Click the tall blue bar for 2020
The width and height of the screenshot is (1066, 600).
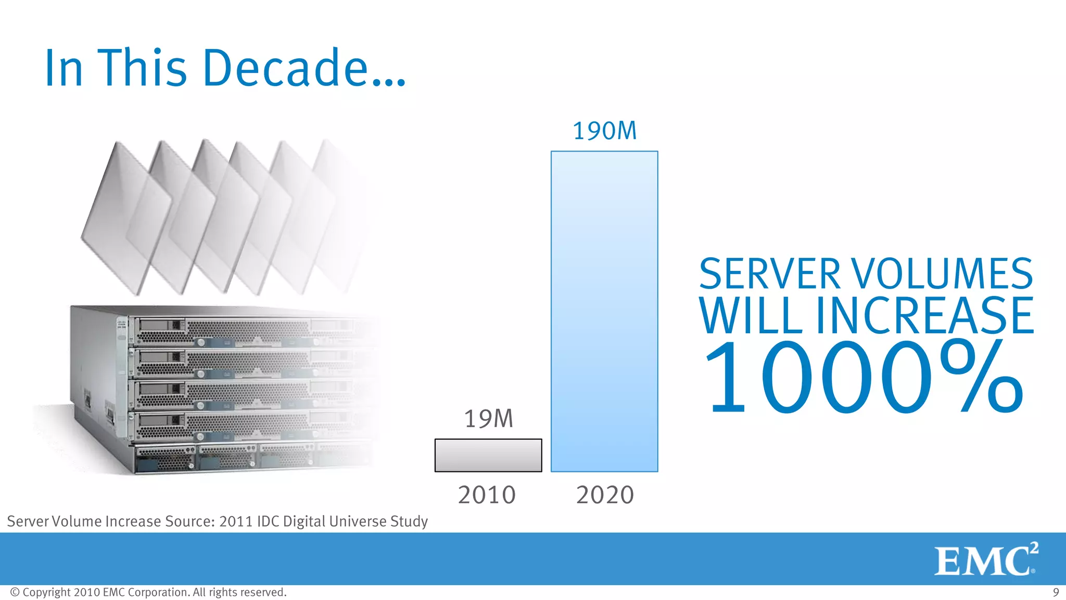tap(604, 311)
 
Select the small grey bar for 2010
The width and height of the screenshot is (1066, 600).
tap(488, 455)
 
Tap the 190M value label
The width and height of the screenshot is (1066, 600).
tap(604, 131)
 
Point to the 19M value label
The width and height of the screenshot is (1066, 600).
tap(488, 419)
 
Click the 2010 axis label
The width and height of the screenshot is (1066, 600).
tap(487, 495)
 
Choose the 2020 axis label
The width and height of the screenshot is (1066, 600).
tap(605, 495)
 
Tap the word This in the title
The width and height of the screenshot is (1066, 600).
tap(142, 68)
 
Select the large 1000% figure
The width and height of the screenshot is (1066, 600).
tap(864, 377)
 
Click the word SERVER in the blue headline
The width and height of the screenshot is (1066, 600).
tap(769, 274)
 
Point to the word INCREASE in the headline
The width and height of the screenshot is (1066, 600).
tap(924, 316)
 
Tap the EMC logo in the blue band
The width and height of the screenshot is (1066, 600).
tap(985, 560)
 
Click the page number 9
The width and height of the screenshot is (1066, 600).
tap(1056, 592)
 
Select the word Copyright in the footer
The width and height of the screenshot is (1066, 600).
tap(46, 592)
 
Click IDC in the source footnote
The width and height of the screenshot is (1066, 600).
tap(268, 521)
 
